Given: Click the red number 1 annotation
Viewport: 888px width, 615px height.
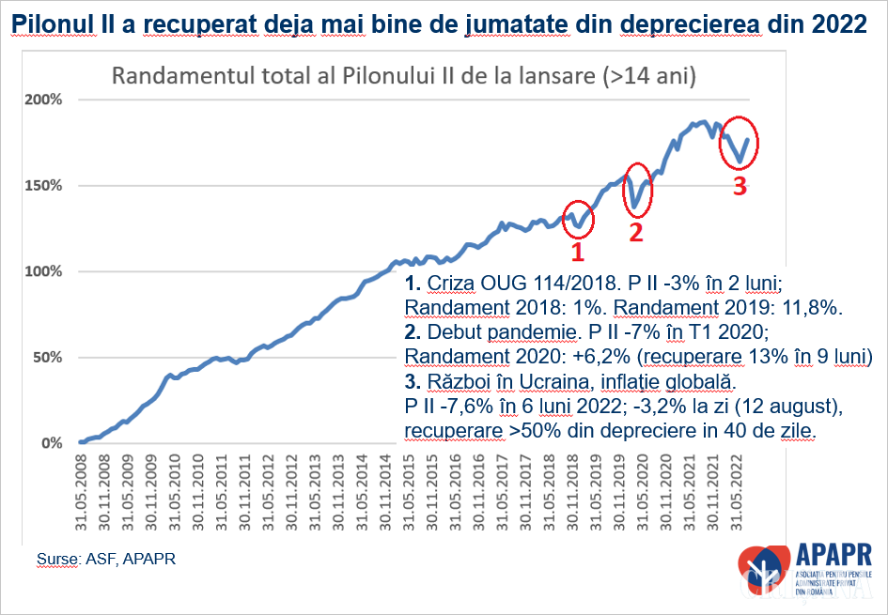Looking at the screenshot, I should click(578, 252).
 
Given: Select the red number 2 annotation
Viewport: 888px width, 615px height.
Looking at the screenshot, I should click(635, 233).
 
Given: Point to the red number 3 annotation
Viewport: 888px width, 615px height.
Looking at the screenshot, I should click(740, 186).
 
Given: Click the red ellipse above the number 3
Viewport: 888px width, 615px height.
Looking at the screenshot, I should click(739, 142).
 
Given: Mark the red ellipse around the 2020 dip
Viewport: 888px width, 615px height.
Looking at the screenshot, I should click(638, 190).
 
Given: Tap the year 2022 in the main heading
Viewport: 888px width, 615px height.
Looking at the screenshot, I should click(837, 23).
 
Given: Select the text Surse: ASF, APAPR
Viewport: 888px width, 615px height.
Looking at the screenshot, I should click(106, 560).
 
